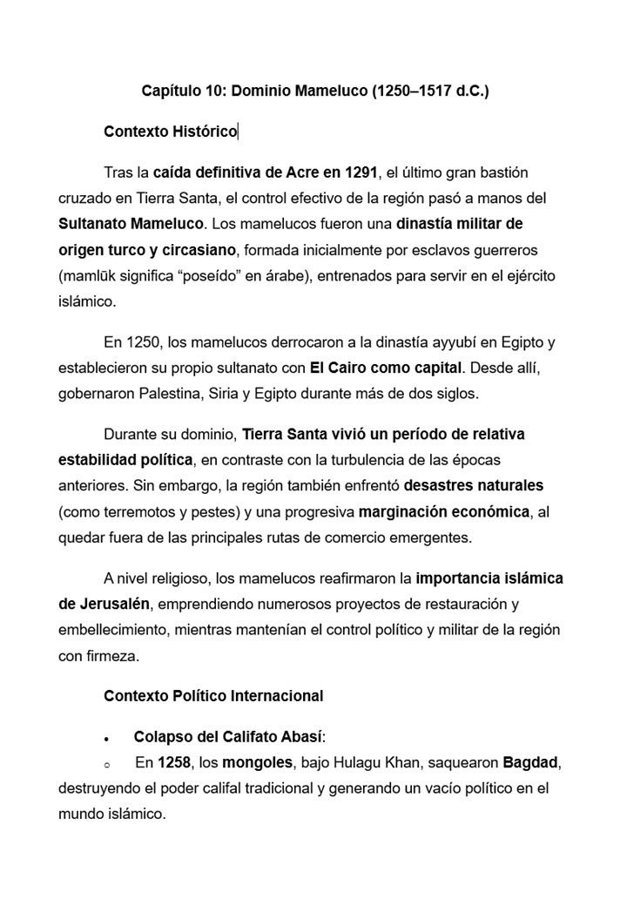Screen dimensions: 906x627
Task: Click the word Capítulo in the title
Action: pyautogui.click(x=172, y=91)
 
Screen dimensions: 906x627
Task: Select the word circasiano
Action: pyautogui.click(x=195, y=250)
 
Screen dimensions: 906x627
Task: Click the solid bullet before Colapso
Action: pyautogui.click(x=105, y=739)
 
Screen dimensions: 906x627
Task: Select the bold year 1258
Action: pyautogui.click(x=174, y=764)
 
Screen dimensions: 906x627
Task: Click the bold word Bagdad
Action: pyautogui.click(x=529, y=764)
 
